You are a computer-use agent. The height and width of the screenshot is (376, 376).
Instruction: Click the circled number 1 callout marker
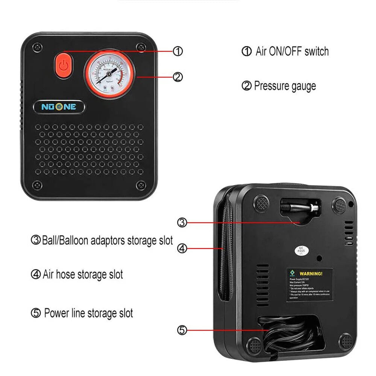coord(178,51)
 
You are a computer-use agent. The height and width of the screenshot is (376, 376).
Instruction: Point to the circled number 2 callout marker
coord(178,77)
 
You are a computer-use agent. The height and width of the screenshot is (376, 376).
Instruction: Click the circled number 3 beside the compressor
coord(182,223)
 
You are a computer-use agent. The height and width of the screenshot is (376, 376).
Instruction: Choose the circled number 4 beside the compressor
coord(182,249)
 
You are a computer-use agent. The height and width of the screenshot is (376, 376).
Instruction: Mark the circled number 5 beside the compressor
coord(182,330)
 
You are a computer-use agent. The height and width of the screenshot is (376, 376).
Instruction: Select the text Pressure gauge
coord(285,86)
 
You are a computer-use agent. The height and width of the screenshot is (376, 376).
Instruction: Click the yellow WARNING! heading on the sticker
coord(311,274)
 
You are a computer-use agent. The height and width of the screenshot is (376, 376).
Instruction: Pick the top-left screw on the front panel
coord(36,47)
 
